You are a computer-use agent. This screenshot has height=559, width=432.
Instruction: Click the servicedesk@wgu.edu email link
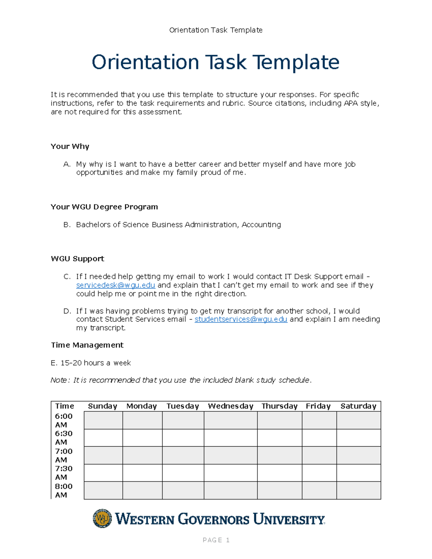tap(116, 285)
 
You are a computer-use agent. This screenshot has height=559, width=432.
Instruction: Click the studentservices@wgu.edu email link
tap(241, 319)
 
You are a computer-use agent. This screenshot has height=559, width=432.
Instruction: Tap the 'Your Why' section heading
tap(70, 146)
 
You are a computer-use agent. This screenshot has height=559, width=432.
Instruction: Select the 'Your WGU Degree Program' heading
tap(104, 207)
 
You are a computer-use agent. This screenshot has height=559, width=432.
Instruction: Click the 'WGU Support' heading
tap(77, 259)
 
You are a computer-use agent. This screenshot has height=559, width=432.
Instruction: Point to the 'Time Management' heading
tap(87, 345)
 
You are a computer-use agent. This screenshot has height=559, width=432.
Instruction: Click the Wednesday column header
tap(230, 406)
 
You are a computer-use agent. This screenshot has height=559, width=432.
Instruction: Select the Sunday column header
tap(103, 406)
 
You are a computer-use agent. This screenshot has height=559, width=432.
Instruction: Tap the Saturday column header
tap(358, 406)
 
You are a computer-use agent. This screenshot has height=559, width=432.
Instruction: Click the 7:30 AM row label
tap(64, 473)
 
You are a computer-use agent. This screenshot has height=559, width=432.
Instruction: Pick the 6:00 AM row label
tap(64, 420)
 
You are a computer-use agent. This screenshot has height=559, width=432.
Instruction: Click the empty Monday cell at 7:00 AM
tap(142, 455)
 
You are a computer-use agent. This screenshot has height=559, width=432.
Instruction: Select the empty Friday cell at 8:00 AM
tap(319, 490)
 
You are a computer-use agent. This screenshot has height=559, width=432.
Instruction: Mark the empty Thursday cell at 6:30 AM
tap(279, 438)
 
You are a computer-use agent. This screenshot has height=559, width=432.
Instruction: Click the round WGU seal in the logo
tap(102, 518)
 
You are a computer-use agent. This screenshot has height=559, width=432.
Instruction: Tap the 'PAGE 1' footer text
tap(216, 540)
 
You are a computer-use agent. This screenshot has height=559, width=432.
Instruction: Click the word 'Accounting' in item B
tap(261, 225)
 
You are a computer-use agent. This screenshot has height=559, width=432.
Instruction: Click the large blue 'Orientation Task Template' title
tap(215, 62)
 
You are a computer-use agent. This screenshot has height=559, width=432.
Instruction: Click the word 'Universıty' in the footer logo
tap(289, 519)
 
